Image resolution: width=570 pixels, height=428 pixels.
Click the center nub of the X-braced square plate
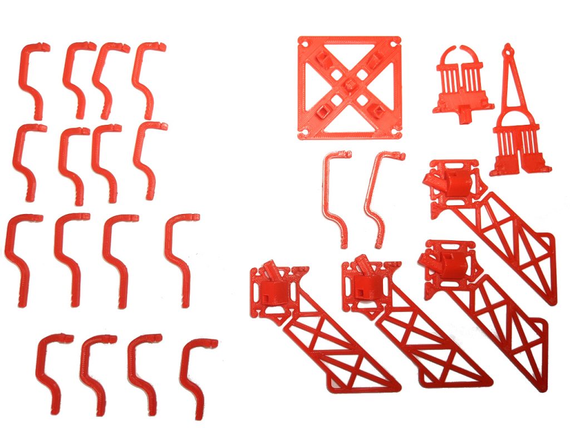[x=349, y=85]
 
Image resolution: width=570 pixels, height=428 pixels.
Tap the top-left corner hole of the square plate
[x=303, y=42]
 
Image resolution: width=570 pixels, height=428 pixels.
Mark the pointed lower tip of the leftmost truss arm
[x=395, y=385]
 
